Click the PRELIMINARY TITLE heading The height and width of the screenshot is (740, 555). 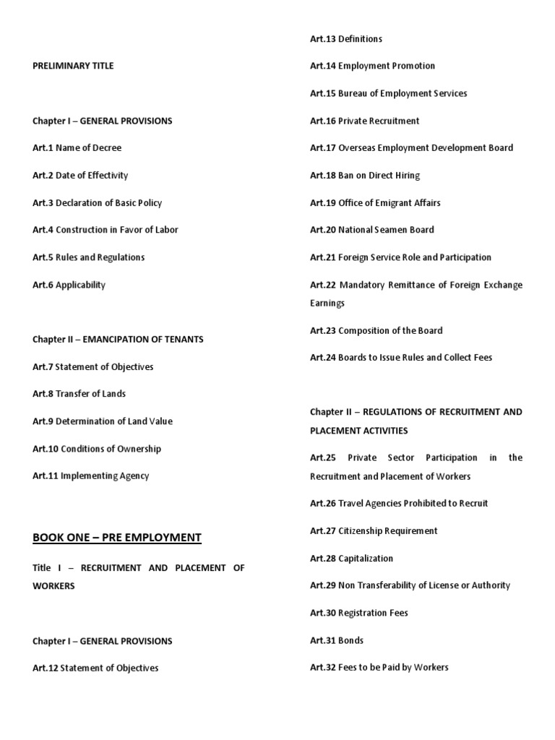tap(73, 66)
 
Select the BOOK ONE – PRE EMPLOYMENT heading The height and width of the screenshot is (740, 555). tap(117, 537)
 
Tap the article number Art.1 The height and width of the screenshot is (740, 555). tap(43, 147)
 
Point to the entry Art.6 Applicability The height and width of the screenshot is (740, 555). tap(69, 285)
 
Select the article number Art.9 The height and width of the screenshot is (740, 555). tap(43, 421)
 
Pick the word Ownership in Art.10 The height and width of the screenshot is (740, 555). tap(137, 449)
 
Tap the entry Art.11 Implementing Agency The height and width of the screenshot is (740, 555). tap(90, 476)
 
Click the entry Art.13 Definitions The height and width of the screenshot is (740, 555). tap(346, 39)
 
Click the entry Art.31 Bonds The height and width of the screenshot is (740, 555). tap(337, 640)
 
